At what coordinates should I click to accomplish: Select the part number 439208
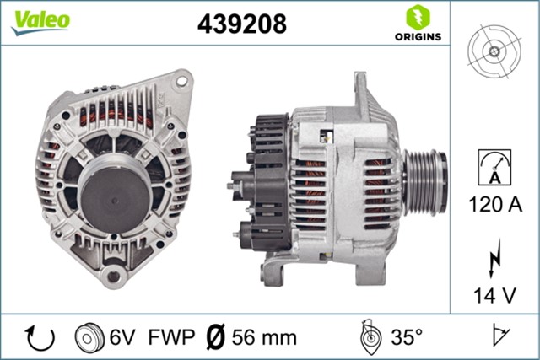[241, 24]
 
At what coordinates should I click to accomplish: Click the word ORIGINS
[418, 36]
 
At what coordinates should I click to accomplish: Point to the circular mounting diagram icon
[494, 50]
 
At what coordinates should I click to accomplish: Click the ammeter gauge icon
[494, 165]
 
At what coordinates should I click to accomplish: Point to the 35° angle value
[406, 337]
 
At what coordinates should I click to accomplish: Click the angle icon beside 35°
[370, 337]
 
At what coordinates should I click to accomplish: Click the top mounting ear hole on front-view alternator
[180, 83]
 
